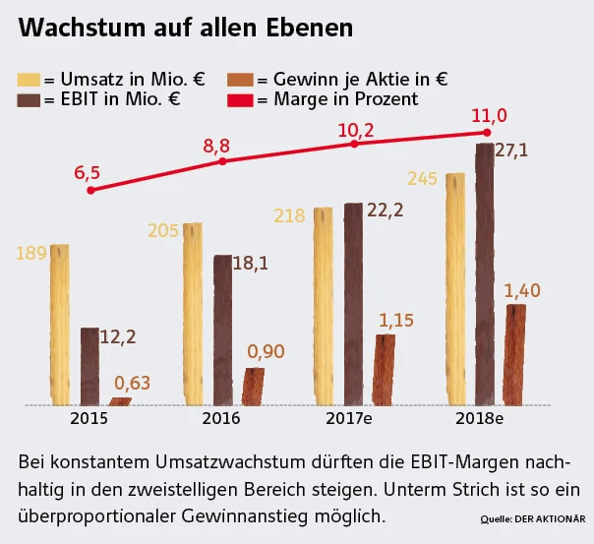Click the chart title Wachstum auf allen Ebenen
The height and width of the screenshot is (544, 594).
(185, 29)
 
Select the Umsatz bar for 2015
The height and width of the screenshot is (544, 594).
(60, 325)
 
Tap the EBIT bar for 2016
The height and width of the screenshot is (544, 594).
(223, 330)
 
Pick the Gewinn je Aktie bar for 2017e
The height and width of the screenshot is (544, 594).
(384, 369)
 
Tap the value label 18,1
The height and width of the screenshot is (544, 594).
(250, 263)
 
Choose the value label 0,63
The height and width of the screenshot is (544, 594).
(133, 383)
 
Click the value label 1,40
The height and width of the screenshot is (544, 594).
(521, 291)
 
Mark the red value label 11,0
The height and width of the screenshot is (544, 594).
(488, 115)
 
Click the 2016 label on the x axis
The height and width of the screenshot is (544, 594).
(221, 418)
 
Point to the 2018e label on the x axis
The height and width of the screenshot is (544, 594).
(480, 418)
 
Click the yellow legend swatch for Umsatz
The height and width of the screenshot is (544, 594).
(30, 78)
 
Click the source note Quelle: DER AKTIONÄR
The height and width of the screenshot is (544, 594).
(533, 518)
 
